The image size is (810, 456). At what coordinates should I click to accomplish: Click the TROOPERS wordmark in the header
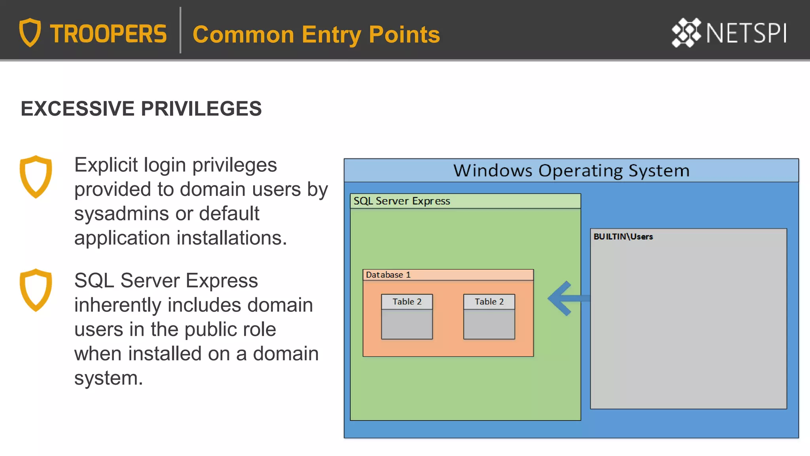108,34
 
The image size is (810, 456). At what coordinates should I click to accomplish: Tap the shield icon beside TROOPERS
30,32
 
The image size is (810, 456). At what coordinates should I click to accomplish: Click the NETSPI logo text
746,33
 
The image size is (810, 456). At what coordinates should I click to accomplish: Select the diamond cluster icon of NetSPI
686,33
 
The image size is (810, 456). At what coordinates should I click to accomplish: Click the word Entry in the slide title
331,34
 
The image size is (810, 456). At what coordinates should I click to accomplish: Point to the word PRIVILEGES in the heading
201,108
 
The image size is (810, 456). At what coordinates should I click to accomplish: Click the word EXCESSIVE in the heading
78,108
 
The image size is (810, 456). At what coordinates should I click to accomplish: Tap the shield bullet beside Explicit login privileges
36,177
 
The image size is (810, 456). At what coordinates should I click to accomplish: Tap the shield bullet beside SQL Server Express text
36,290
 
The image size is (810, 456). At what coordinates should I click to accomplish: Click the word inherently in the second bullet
118,305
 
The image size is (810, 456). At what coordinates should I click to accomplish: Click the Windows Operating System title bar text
571,171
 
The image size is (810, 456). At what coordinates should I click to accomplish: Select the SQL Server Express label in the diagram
401,201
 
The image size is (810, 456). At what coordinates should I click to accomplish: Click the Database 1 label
388,275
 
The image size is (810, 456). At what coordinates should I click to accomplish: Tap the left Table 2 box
407,316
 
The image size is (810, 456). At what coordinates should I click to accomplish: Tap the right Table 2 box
489,316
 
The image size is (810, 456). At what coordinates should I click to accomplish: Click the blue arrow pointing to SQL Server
566,298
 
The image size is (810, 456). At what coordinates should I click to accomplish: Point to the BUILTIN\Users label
623,237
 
